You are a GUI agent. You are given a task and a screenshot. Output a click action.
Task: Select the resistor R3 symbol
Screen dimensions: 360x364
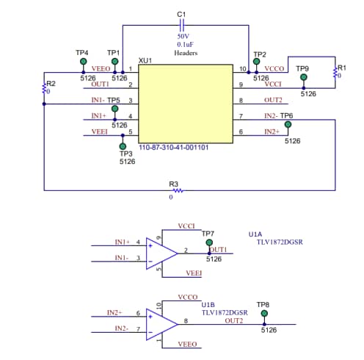177,191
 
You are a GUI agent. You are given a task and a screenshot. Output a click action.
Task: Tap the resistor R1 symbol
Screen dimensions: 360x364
335,73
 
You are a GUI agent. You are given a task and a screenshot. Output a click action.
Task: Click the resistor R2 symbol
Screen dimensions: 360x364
44,89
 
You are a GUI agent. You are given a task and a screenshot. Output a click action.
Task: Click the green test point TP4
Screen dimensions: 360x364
82,62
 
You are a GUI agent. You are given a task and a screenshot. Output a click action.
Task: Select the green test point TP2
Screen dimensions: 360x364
256,62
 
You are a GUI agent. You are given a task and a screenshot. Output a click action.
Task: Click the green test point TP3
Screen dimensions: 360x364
123,146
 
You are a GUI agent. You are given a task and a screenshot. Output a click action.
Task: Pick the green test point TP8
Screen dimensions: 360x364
264,313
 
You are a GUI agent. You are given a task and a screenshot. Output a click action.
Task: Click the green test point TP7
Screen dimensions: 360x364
209,242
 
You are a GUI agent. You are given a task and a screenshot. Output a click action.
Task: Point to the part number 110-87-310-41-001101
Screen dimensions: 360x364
174,148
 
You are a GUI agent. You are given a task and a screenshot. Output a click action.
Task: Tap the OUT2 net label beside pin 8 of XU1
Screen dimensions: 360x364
273,100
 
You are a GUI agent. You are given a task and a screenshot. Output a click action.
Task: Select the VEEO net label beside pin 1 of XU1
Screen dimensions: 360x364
101,69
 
